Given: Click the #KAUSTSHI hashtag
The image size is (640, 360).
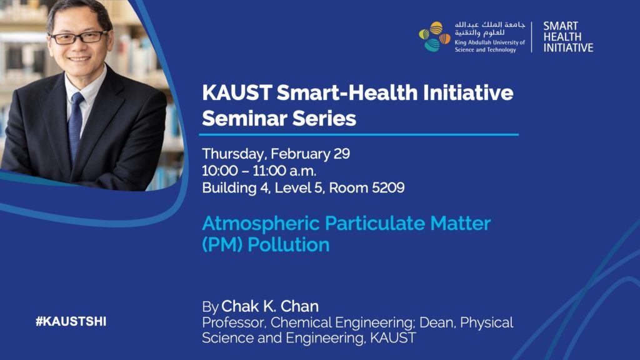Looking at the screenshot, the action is (x=71, y=322).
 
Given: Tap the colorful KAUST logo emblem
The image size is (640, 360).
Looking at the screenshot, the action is (x=434, y=37).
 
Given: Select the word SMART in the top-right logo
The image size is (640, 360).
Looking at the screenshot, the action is (x=561, y=26).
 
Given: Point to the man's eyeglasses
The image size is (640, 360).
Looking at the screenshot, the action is (x=79, y=37).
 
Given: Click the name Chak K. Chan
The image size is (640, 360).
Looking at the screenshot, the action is (x=270, y=306).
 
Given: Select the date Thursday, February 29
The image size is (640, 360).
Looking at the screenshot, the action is (x=276, y=154).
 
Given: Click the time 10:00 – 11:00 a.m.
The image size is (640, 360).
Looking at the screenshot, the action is (x=259, y=171).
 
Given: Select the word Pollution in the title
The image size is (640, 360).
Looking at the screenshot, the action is (x=289, y=244).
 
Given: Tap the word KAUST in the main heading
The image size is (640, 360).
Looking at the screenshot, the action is (x=237, y=92).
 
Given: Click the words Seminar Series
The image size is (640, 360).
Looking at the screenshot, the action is (x=279, y=119).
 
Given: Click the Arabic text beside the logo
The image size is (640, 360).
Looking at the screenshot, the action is (x=490, y=29).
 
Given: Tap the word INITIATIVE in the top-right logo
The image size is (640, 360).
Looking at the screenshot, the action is (x=568, y=47).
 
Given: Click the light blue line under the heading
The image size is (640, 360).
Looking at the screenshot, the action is (x=359, y=134).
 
